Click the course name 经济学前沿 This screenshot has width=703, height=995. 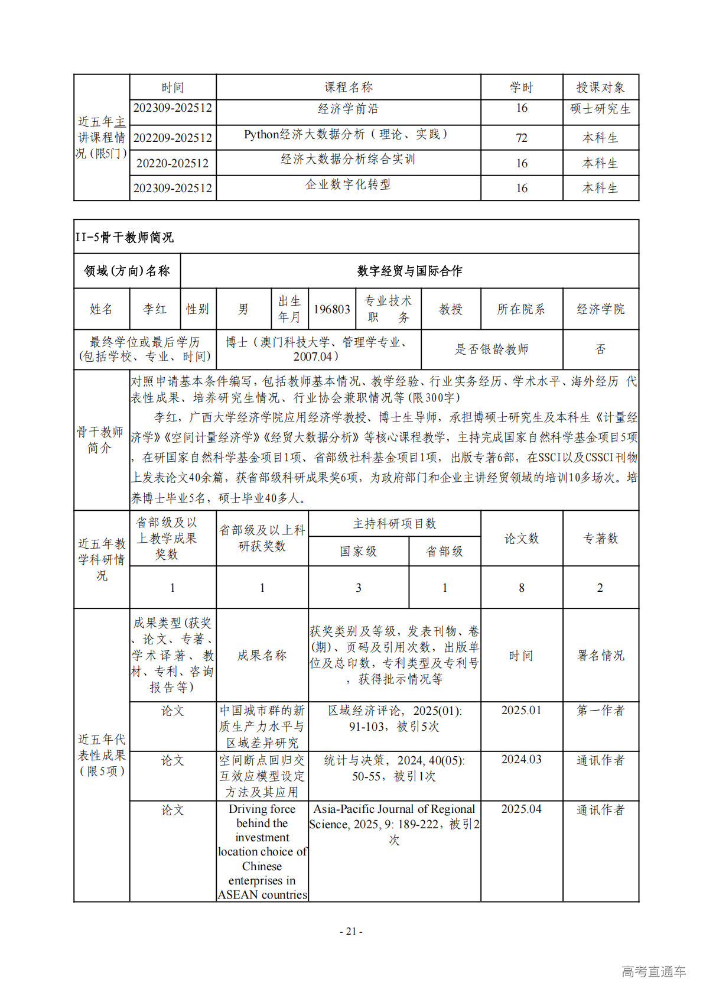[x=348, y=109]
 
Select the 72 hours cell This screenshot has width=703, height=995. [x=521, y=138]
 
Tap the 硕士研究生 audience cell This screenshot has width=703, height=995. [x=600, y=109]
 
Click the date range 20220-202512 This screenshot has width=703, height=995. [x=173, y=163]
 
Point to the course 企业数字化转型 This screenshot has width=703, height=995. [x=348, y=184]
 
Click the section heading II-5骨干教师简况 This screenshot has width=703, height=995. [x=125, y=237]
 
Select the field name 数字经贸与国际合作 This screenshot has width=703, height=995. [x=409, y=271]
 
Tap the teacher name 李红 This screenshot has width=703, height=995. [x=155, y=309]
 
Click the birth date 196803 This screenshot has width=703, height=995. [x=331, y=309]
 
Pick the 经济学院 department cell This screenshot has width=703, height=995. [x=600, y=309]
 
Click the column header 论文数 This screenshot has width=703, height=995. [x=521, y=538]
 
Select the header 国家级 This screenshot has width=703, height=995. [x=358, y=551]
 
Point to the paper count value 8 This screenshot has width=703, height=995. [x=521, y=588]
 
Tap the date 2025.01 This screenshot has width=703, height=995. [x=521, y=710]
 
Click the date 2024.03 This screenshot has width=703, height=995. [x=521, y=759]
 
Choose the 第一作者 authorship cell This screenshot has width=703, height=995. [x=600, y=710]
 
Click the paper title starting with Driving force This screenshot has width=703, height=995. [x=262, y=851]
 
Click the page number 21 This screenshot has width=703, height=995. [x=351, y=931]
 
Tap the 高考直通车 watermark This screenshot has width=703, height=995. [x=653, y=971]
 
